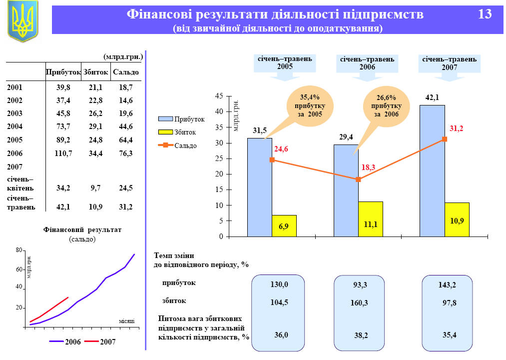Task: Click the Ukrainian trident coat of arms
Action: pyautogui.click(x=23, y=21)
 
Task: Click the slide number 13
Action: pyautogui.click(x=485, y=14)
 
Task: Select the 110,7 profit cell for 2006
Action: pyautogui.click(x=63, y=153)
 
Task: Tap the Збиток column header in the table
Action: pyautogui.click(x=95, y=72)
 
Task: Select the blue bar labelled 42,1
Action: pyautogui.click(x=432, y=170)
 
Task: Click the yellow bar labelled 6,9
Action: pyautogui.click(x=284, y=226)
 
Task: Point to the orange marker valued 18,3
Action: pyautogui.click(x=358, y=179)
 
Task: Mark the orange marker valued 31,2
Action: pyautogui.click(x=445, y=139)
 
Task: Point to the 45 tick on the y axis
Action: pyautogui.click(x=219, y=96)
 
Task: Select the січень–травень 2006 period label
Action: pyautogui.click(x=367, y=62)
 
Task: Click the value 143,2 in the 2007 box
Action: pyautogui.click(x=447, y=285)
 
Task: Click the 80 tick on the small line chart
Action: pyautogui.click(x=18, y=250)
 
